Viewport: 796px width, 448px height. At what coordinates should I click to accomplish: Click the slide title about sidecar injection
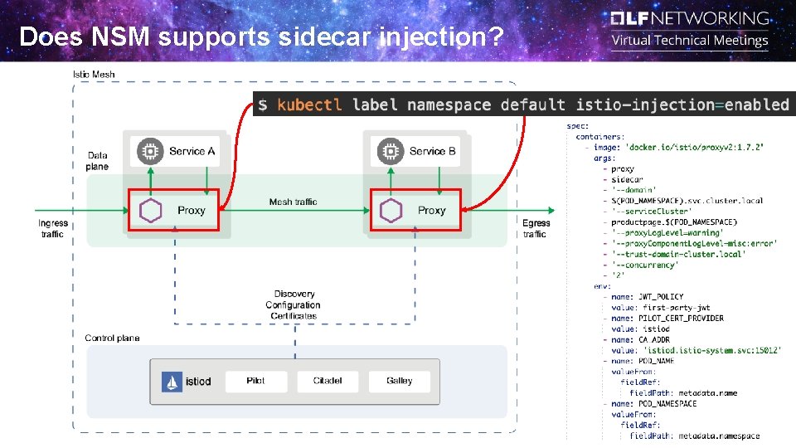point(261,37)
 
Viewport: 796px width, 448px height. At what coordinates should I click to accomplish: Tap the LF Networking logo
point(690,18)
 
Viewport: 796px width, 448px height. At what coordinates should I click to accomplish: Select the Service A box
point(177,151)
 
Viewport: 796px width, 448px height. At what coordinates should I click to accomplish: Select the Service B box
point(418,151)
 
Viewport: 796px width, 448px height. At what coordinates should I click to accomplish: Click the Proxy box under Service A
point(172,210)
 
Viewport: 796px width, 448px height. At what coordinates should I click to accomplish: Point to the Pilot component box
point(255,381)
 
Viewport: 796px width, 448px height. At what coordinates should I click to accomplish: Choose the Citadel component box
point(328,381)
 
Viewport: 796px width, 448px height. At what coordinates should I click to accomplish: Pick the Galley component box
point(399,381)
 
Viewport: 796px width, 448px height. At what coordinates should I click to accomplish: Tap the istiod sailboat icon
point(172,382)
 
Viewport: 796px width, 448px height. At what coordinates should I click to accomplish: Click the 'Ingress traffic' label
point(53,228)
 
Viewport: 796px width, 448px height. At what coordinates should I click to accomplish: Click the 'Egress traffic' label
point(536,228)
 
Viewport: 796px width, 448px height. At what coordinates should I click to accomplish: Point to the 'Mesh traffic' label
point(293,202)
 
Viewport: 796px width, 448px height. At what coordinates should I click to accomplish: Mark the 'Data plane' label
point(97,161)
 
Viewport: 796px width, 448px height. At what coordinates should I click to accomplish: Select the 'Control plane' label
point(112,338)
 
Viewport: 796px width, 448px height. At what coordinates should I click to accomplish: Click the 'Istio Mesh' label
point(94,75)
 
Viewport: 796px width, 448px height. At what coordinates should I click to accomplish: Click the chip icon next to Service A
point(150,151)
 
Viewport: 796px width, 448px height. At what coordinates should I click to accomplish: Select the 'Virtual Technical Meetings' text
point(690,41)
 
